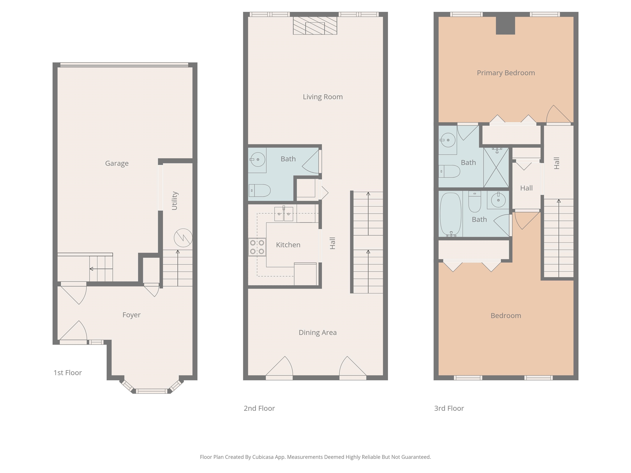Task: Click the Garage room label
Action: [117, 163]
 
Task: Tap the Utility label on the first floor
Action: [175, 201]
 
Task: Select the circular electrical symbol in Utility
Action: [183, 238]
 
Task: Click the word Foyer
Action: [131, 315]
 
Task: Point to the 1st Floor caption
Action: [68, 373]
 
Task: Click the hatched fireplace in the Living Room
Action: [315, 26]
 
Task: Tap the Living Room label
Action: [323, 97]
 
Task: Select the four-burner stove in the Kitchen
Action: [257, 247]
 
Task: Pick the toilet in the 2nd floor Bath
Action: [260, 191]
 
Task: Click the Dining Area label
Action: [318, 332]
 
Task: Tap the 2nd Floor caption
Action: [259, 408]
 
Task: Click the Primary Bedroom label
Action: [506, 73]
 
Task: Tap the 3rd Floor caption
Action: [449, 408]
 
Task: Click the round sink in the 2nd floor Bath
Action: [258, 159]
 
